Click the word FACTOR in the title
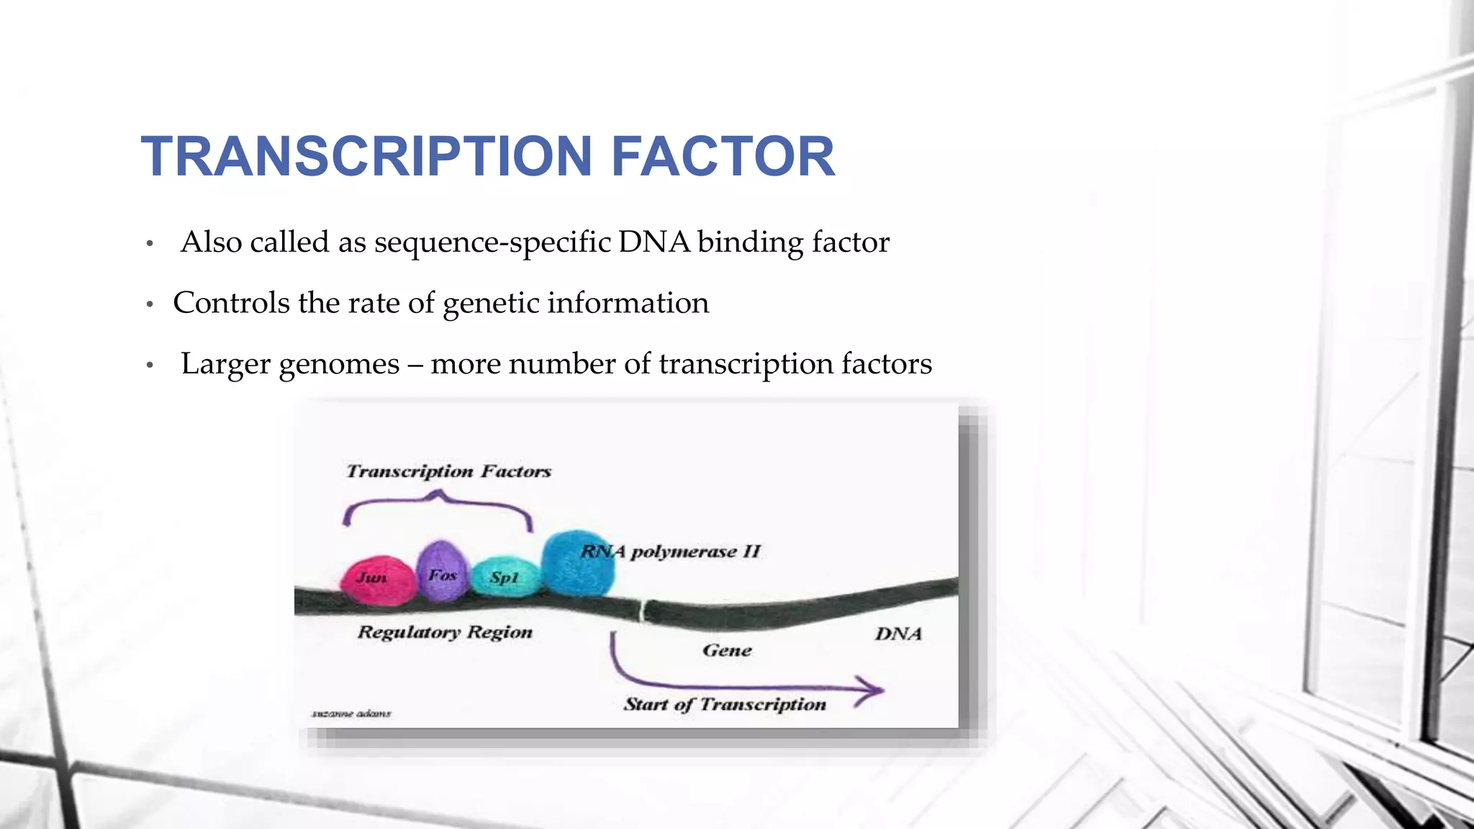pyautogui.click(x=723, y=156)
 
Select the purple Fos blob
pyautogui.click(x=442, y=572)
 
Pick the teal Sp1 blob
pyautogui.click(x=505, y=576)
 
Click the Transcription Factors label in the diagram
pyautogui.click(x=448, y=471)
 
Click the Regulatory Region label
pyautogui.click(x=445, y=632)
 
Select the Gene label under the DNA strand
pyautogui.click(x=727, y=651)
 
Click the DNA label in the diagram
pyautogui.click(x=898, y=634)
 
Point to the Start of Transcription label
pyautogui.click(x=725, y=704)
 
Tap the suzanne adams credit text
pyautogui.click(x=351, y=714)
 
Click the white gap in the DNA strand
pyautogui.click(x=643, y=610)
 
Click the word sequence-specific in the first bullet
pyautogui.click(x=492, y=243)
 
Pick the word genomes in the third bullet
pyautogui.click(x=339, y=364)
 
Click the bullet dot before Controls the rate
pyautogui.click(x=150, y=305)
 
